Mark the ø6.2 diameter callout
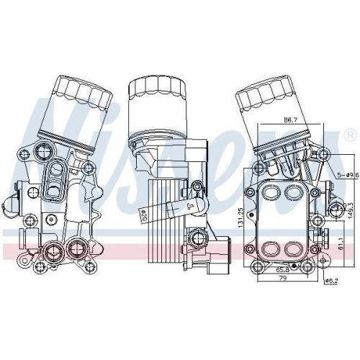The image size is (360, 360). point(332,281)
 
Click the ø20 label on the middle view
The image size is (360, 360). point(143,215)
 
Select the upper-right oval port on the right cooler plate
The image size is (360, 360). point(294,194)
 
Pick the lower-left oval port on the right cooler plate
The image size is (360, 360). point(269,248)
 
